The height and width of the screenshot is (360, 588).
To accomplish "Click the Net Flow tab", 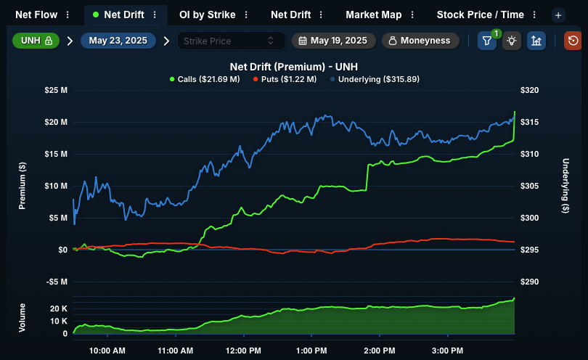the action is point(36,15).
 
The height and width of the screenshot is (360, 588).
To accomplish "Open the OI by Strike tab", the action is point(208,15).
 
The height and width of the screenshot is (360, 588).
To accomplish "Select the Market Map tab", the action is point(374,15).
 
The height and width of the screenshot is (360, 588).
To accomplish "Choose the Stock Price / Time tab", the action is point(480,15).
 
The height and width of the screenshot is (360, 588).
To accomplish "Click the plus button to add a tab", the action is point(558,15).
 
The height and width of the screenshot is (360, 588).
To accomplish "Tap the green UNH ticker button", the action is point(36,41).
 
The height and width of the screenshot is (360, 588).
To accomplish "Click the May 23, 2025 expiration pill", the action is point(118,41).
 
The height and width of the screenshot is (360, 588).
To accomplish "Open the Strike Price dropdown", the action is point(231,41).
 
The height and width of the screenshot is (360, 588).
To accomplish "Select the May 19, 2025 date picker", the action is point(334,41).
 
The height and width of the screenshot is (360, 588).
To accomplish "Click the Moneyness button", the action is point(420,41).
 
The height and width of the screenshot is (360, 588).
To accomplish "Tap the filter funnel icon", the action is point(487,41).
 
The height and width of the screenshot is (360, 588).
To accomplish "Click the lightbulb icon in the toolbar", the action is point(512,41).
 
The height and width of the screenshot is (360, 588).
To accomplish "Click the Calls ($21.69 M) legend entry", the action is point(205,80).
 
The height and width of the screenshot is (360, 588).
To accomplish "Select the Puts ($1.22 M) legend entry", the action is point(285,80).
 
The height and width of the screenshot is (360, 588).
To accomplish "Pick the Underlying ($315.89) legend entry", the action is point(375,80).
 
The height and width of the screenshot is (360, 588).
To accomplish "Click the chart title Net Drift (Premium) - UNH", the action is point(293,67).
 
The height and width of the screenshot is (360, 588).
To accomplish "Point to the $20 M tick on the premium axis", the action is point(56,122).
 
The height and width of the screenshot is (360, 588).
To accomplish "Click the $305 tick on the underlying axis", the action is point(529,186).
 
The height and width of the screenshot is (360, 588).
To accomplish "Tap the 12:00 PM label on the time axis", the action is point(243,351).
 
